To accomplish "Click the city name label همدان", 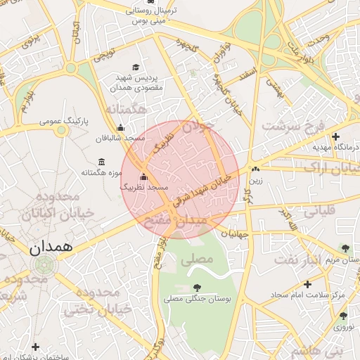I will point(50,247).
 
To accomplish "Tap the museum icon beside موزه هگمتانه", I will point(103,162).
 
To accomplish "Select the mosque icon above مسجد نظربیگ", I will point(144,177).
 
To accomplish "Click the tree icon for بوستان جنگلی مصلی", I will point(196,288).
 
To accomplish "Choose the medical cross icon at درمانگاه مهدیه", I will point(336,136).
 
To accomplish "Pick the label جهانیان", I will point(234,233).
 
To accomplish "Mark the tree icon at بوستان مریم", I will point(345,247).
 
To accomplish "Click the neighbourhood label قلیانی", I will point(319,209).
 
